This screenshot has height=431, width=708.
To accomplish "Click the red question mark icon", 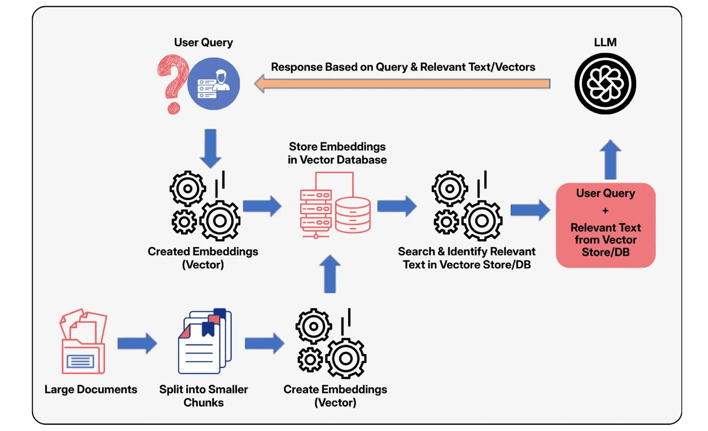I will (173, 82).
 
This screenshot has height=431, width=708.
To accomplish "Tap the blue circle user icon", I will (214, 84).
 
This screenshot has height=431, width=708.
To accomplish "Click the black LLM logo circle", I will (605, 84).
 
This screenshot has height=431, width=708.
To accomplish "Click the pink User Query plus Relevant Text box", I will (606, 225).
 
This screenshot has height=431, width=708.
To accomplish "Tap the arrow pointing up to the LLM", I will (610, 159).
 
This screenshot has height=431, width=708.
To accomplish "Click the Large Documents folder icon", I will (83, 342).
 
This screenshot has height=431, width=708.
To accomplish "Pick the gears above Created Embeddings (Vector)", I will (205, 206).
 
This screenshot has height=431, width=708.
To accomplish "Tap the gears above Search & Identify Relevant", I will (467, 206).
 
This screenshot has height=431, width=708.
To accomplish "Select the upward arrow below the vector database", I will (330, 274).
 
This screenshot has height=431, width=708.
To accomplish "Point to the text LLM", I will (605, 42).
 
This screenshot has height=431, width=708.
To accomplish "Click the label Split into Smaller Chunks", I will (203, 396).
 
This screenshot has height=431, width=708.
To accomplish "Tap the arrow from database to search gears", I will (396, 206).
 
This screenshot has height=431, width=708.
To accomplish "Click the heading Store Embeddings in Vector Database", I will (337, 153).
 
